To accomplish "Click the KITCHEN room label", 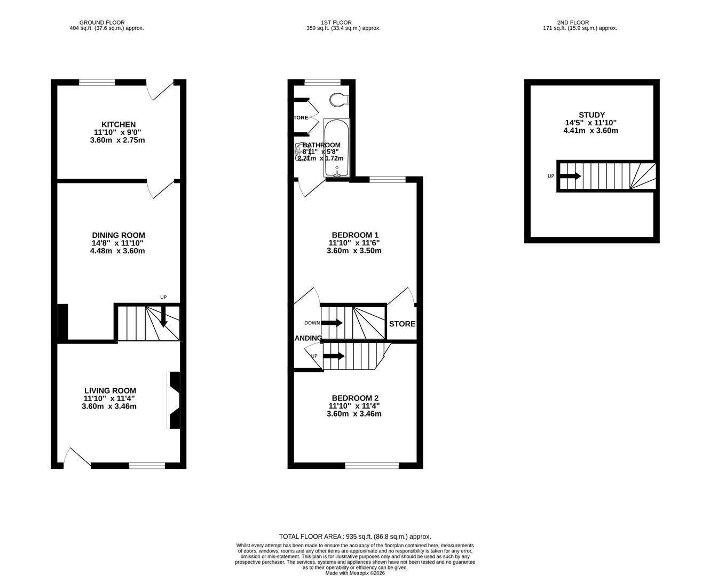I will pos(118,124).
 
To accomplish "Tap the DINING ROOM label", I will pos(118,235).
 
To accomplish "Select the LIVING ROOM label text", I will pos(109,390).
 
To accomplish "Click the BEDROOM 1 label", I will pos(355,235).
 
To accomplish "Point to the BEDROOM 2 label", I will pos(355,398).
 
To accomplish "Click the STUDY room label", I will pos(591,115).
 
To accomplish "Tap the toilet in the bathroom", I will pos(338,99).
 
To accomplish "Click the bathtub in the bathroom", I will pos(336,148).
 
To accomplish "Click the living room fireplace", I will pos(174,400).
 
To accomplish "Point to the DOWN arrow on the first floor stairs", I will pos(332,323).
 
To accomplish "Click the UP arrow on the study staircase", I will pos(571,176).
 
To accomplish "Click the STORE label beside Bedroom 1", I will pos(402,324).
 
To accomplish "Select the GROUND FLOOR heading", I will pos(102,22).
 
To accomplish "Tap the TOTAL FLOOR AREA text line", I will pos(355,537).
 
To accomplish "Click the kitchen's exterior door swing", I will pos(160,91).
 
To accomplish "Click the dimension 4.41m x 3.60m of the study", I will pos(590,130).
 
